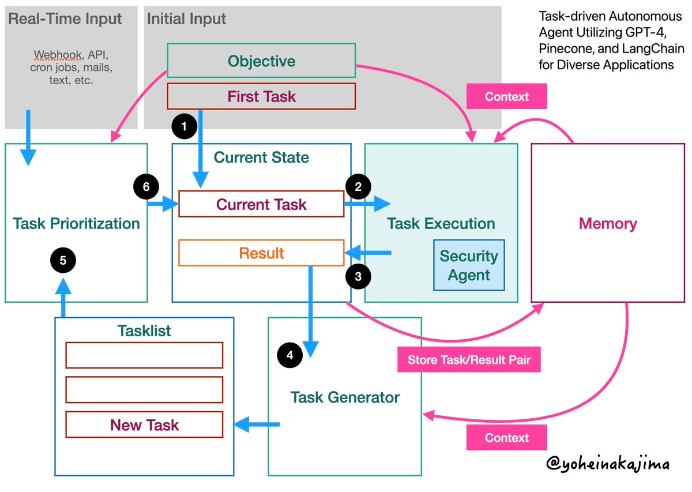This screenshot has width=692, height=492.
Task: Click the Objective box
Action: point(261,61)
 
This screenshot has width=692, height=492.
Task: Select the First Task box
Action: point(261,96)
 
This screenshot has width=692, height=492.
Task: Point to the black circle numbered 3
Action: point(358,276)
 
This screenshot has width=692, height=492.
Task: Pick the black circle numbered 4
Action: point(290,355)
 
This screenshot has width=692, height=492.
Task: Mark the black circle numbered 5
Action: point(63,260)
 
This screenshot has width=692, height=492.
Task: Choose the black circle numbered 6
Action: point(146,186)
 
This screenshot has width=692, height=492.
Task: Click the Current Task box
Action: point(261,204)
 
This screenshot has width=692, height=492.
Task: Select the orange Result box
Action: point(261,253)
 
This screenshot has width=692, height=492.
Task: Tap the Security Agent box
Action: point(469,265)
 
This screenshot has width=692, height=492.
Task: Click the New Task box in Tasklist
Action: point(144,425)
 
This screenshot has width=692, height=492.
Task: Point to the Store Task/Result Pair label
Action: point(468,360)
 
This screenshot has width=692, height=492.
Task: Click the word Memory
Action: point(607,224)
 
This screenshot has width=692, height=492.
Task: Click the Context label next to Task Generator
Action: point(506,437)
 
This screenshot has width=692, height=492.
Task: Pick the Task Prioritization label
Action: point(76,224)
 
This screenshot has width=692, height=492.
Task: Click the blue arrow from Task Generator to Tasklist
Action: point(257,425)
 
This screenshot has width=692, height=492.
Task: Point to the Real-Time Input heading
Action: point(65,19)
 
